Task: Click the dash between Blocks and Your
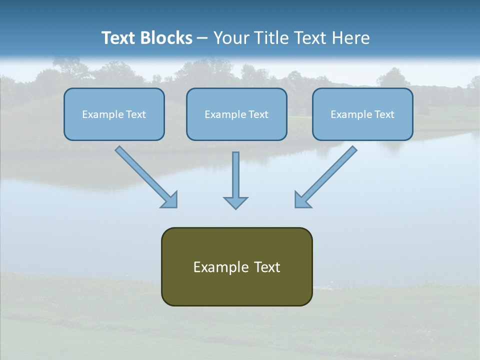[x=202, y=38]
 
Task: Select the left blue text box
[x=114, y=114]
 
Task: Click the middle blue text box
[x=236, y=114]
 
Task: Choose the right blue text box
[x=362, y=114]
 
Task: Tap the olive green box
[x=236, y=266]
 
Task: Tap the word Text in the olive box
[x=267, y=267]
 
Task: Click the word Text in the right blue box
[x=384, y=114]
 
